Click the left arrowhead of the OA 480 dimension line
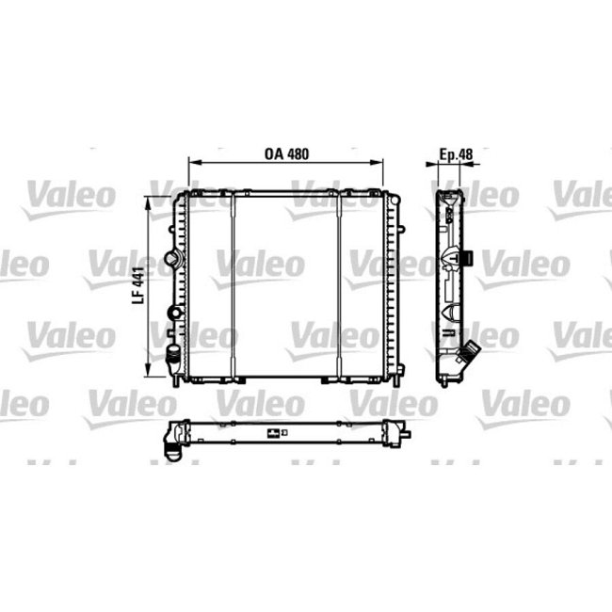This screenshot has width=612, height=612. click(x=193, y=163)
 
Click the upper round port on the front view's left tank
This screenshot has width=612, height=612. click(x=170, y=258)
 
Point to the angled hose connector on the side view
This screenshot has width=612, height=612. click(x=467, y=358)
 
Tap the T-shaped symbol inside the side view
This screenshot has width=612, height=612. click(x=453, y=255)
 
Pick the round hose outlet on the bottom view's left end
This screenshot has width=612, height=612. click(x=172, y=450)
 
